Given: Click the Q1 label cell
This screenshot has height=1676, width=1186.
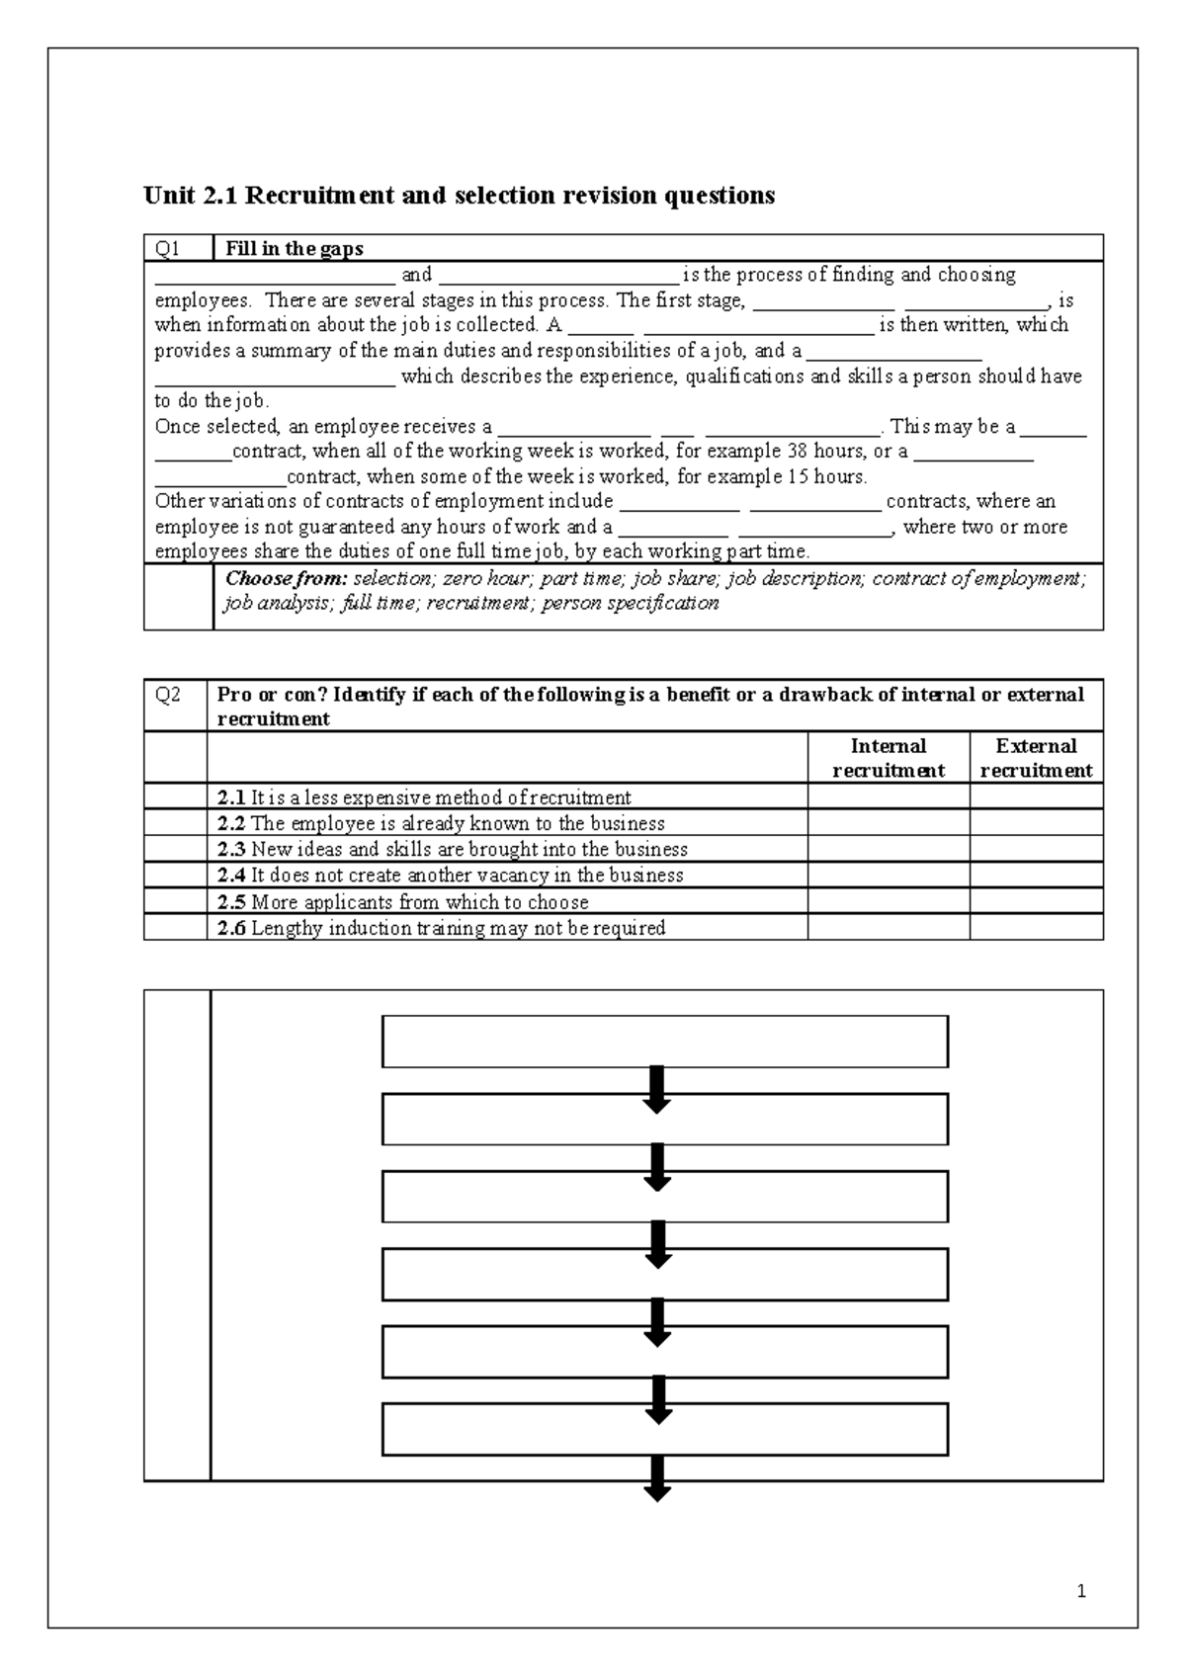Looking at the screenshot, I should [x=178, y=248].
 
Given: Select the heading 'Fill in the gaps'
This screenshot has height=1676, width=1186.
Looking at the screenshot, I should [x=294, y=248].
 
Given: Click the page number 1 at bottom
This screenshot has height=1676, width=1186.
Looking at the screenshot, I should [x=1082, y=1591].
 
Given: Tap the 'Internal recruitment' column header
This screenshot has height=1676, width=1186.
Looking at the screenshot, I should [x=888, y=758].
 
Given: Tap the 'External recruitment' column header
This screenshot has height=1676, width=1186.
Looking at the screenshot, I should [x=1036, y=758].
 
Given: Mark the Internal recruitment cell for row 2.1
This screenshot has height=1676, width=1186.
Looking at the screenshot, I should [x=888, y=797].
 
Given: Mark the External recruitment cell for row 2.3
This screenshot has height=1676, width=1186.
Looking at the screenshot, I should [x=1036, y=849].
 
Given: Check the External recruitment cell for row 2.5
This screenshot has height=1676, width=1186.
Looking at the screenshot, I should [x=1036, y=901].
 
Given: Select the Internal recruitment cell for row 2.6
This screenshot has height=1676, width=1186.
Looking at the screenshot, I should [x=888, y=927].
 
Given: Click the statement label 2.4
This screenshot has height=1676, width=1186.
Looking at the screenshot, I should [x=231, y=876].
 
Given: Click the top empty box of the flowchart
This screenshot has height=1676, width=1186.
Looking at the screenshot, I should [x=664, y=1042].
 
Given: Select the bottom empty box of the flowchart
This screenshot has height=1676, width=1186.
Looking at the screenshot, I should [x=664, y=1429].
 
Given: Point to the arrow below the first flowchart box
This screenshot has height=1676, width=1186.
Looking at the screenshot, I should [x=657, y=1089].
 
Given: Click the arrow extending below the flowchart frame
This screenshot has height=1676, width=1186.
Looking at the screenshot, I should [x=657, y=1479].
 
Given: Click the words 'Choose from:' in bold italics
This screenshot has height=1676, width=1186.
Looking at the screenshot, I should [x=287, y=579].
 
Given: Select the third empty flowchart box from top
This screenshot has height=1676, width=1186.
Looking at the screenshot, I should [x=664, y=1197].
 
